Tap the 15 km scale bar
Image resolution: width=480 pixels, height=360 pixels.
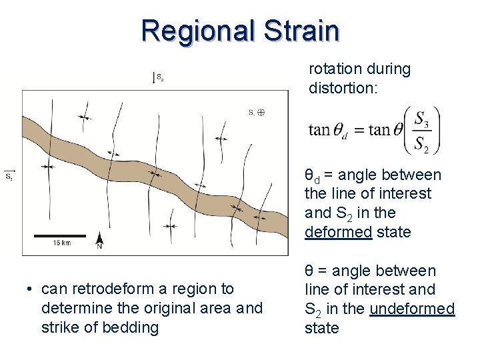pos(60,235)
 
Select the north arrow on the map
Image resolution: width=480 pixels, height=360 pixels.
pos(99,241)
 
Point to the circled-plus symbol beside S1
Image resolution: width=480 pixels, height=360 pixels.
pos(261,113)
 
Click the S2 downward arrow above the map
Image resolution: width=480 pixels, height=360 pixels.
pos(154,77)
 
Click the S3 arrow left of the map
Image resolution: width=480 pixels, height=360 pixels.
pos(9,175)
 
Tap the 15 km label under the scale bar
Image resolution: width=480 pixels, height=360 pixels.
pos(61,243)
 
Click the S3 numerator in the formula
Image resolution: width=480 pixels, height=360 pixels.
pos(421,119)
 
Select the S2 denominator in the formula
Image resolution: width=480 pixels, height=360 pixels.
pos(421,143)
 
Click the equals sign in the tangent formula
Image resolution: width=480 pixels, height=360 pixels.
pos(357,130)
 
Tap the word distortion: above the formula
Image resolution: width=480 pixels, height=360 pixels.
pos(342,87)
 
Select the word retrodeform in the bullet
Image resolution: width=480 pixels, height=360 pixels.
pos(140,289)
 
